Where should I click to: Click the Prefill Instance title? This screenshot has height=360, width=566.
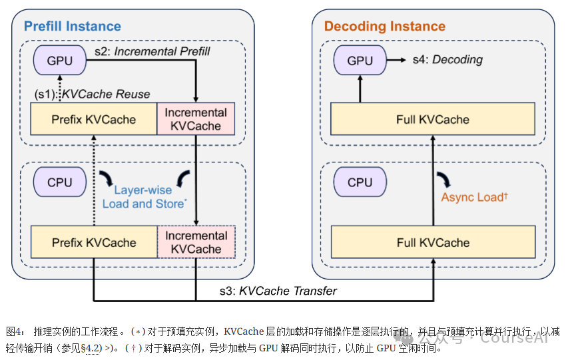(73, 27)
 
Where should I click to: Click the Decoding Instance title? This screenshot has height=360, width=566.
(384, 27)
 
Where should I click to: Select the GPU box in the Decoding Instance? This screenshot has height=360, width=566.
(360, 61)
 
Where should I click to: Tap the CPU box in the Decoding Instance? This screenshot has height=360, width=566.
(360, 182)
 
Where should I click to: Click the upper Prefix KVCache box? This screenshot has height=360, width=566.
(93, 119)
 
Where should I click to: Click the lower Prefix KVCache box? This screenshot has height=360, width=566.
(93, 242)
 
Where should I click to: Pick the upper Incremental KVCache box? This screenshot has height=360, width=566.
(196, 119)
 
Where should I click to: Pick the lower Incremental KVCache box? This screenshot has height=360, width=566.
(196, 242)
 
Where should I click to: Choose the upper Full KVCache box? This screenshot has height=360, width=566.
(433, 119)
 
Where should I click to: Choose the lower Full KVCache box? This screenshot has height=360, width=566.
(433, 242)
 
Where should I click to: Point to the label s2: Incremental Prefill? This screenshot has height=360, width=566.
(154, 51)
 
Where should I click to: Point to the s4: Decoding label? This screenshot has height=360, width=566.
(447, 60)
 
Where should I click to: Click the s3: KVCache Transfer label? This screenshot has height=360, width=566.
(278, 291)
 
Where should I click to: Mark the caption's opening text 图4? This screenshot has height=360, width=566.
(15, 331)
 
